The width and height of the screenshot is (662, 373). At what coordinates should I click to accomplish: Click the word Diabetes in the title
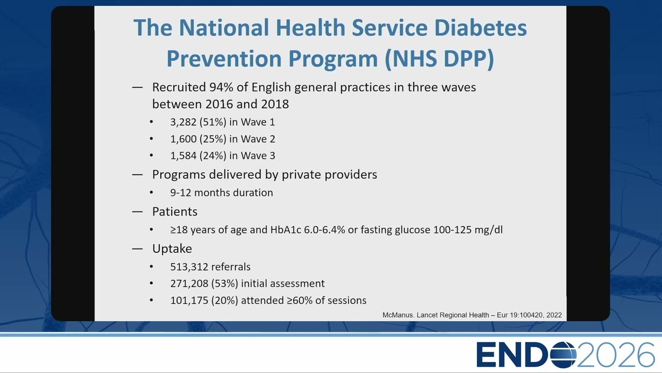coord(480,27)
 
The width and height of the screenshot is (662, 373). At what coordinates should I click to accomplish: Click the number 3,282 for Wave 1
coord(183,122)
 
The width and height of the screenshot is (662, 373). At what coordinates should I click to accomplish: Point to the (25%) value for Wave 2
coord(213,139)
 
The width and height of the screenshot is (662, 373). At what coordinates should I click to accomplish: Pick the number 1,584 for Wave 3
coord(183,156)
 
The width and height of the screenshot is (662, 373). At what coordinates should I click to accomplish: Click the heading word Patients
coord(175,212)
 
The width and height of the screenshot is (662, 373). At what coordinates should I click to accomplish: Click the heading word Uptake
coord(172,249)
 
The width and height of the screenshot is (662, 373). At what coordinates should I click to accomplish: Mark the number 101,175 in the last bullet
coord(189,300)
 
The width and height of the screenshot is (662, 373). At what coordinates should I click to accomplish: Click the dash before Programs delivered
coord(138,175)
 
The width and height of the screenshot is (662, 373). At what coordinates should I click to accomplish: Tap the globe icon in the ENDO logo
coord(563,355)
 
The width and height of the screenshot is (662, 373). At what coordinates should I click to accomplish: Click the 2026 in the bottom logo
coord(615,355)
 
